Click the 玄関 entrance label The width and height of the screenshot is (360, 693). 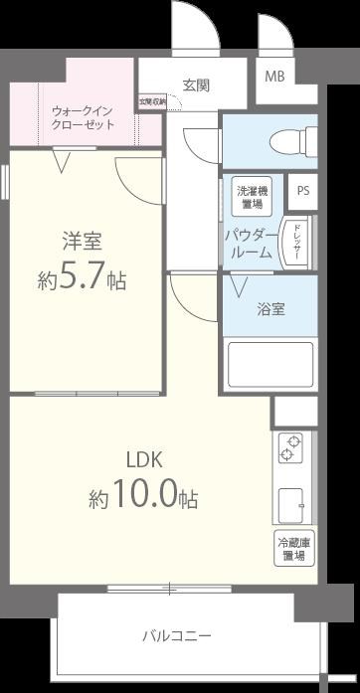(x=196, y=86)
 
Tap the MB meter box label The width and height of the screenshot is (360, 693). (x=273, y=75)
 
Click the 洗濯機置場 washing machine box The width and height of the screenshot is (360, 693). (x=250, y=196)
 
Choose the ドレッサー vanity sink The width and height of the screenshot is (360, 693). (x=294, y=244)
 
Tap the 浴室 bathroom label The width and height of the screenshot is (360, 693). (x=272, y=308)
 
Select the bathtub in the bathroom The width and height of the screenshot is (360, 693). (x=270, y=363)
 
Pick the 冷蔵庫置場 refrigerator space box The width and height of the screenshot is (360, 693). (x=293, y=549)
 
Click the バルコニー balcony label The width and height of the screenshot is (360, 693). (x=175, y=633)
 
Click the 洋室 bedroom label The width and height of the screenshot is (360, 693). (x=83, y=241)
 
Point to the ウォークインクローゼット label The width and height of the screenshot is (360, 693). (x=83, y=116)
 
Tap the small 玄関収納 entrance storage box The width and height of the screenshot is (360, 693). (x=152, y=101)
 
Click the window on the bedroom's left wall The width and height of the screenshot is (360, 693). (x=6, y=189)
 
